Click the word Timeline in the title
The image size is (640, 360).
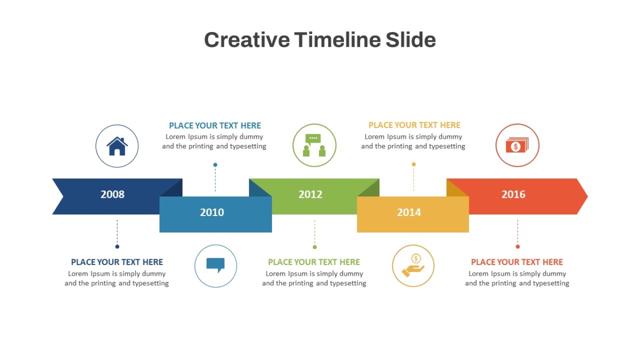tap(338, 39)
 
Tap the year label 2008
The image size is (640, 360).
tap(113, 194)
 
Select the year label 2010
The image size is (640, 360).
tap(212, 212)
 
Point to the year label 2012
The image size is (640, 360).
tap(310, 194)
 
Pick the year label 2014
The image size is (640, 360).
tap(409, 212)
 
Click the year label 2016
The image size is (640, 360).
tap(514, 194)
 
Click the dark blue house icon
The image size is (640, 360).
tap(117, 146)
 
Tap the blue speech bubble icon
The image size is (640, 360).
tap(215, 266)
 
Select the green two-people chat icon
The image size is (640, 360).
tap(314, 145)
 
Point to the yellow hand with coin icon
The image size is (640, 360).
tap(413, 266)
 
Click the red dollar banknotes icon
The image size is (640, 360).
tap(517, 145)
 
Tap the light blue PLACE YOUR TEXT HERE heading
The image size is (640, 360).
tap(215, 125)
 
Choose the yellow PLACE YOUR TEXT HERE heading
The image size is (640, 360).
tap(414, 125)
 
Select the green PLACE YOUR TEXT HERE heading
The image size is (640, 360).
tap(314, 262)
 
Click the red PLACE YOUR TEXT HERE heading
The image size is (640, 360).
tap(517, 262)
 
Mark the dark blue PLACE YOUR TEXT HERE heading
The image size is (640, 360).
tap(117, 262)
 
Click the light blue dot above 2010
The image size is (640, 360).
tap(215, 165)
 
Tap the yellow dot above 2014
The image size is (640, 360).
tap(414, 164)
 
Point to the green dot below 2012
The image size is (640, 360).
tap(315, 247)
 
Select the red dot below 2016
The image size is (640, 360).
tap(518, 246)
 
